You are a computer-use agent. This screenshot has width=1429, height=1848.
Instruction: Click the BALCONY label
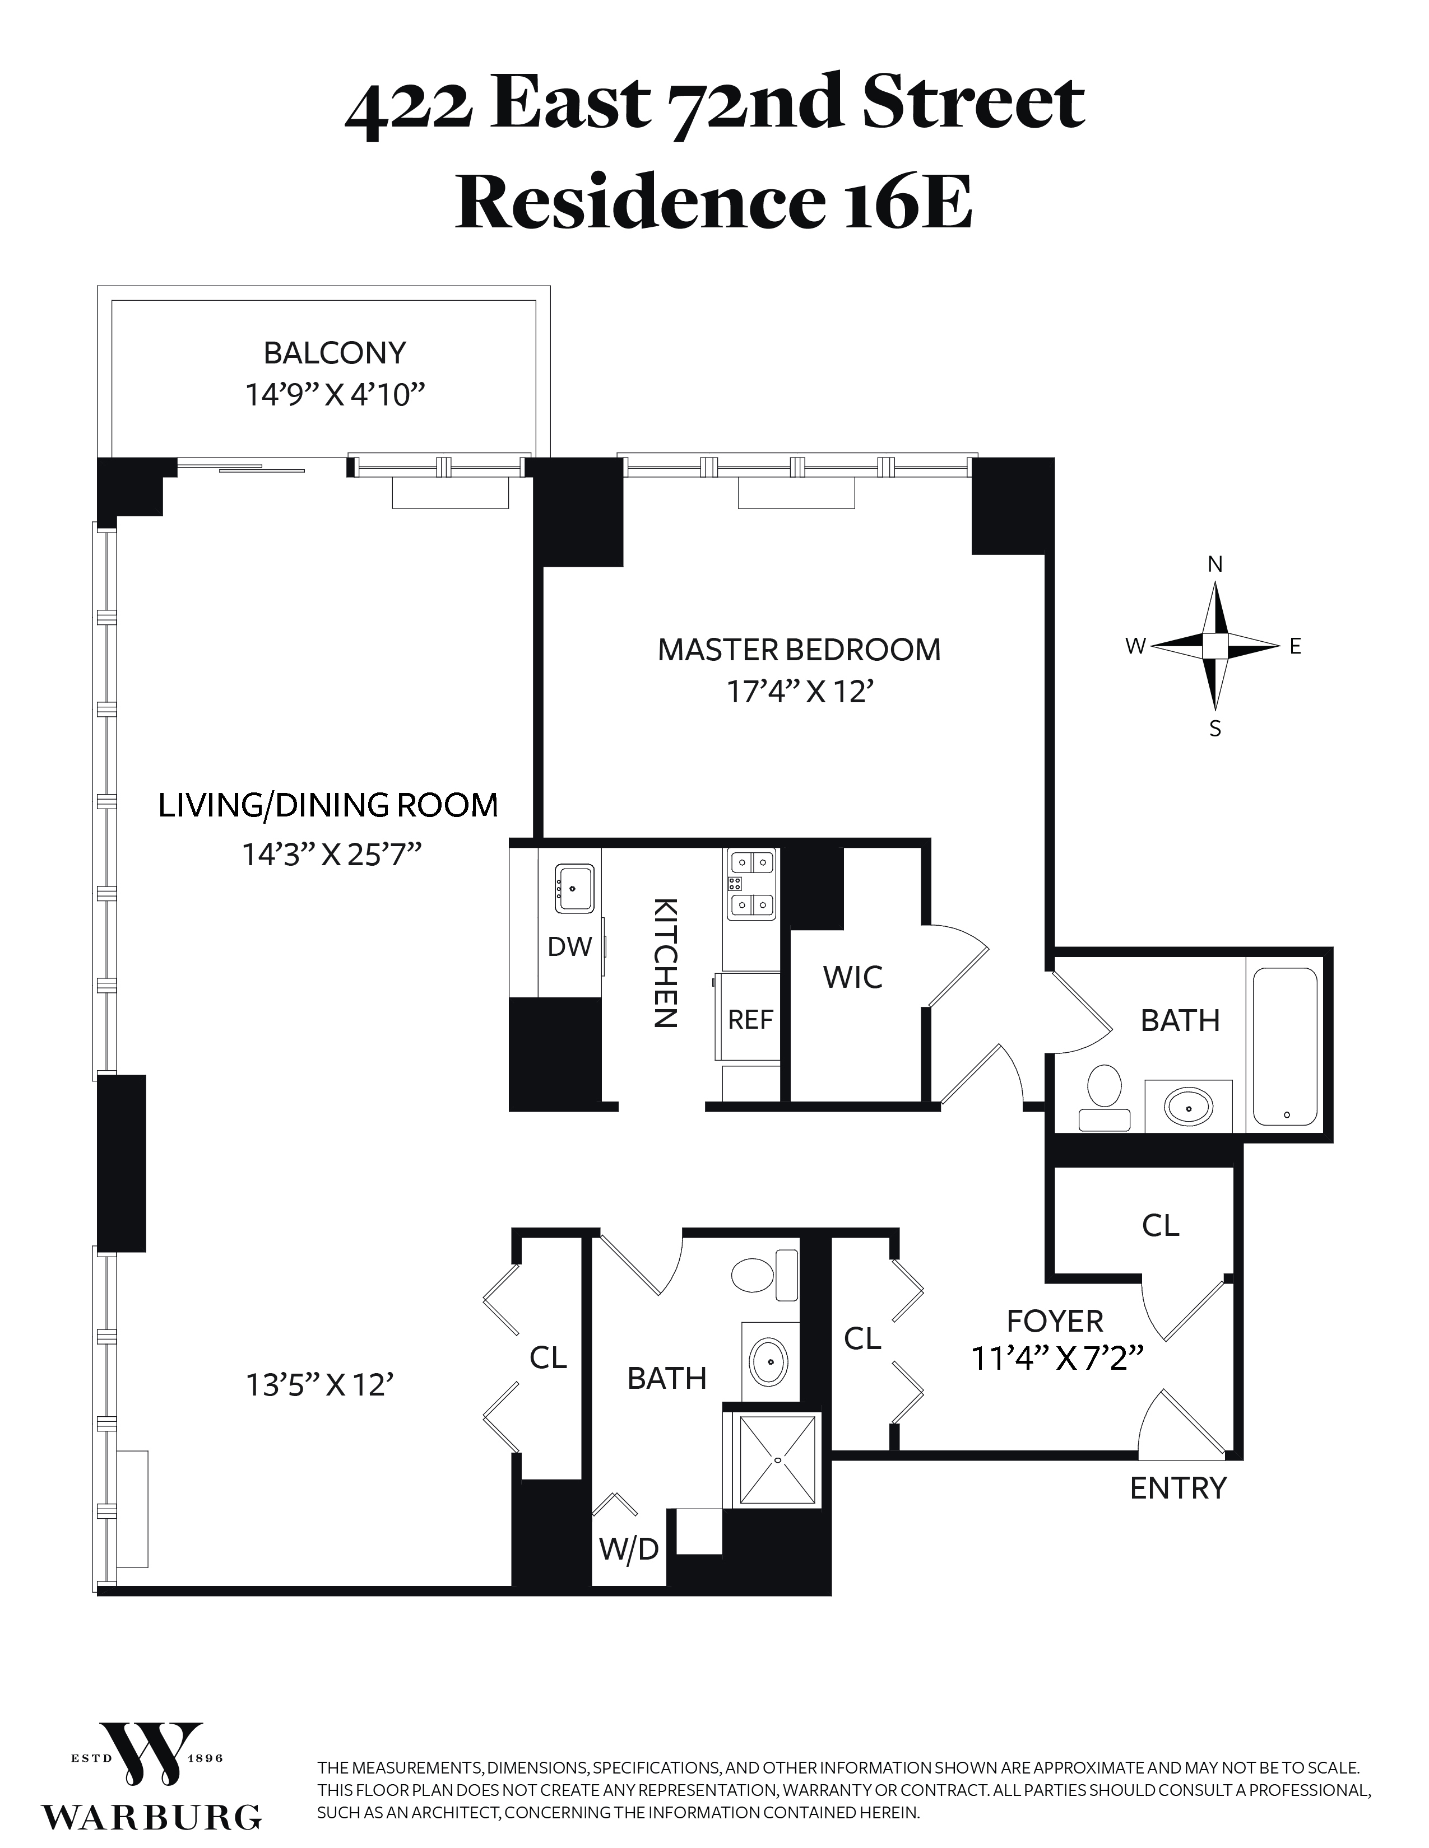[335, 353]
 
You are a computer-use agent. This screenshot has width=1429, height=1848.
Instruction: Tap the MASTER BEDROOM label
[799, 650]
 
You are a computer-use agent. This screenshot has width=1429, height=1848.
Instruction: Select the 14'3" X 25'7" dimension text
[332, 855]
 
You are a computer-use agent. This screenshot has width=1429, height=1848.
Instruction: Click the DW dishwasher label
[569, 947]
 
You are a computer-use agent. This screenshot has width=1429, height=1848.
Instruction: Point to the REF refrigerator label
[750, 1020]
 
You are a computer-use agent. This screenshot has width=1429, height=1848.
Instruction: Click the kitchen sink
[574, 888]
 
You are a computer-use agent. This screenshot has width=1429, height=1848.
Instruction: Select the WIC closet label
[852, 977]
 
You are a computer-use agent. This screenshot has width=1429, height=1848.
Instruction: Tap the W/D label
[628, 1550]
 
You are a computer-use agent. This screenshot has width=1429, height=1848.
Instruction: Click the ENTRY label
[1177, 1487]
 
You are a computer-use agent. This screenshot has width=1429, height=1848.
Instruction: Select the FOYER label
[1055, 1321]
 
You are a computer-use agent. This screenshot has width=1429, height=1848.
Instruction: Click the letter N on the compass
[1215, 564]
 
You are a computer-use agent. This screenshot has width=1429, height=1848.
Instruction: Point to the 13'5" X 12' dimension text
[320, 1385]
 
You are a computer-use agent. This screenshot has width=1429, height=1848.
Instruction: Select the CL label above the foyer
[1160, 1225]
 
